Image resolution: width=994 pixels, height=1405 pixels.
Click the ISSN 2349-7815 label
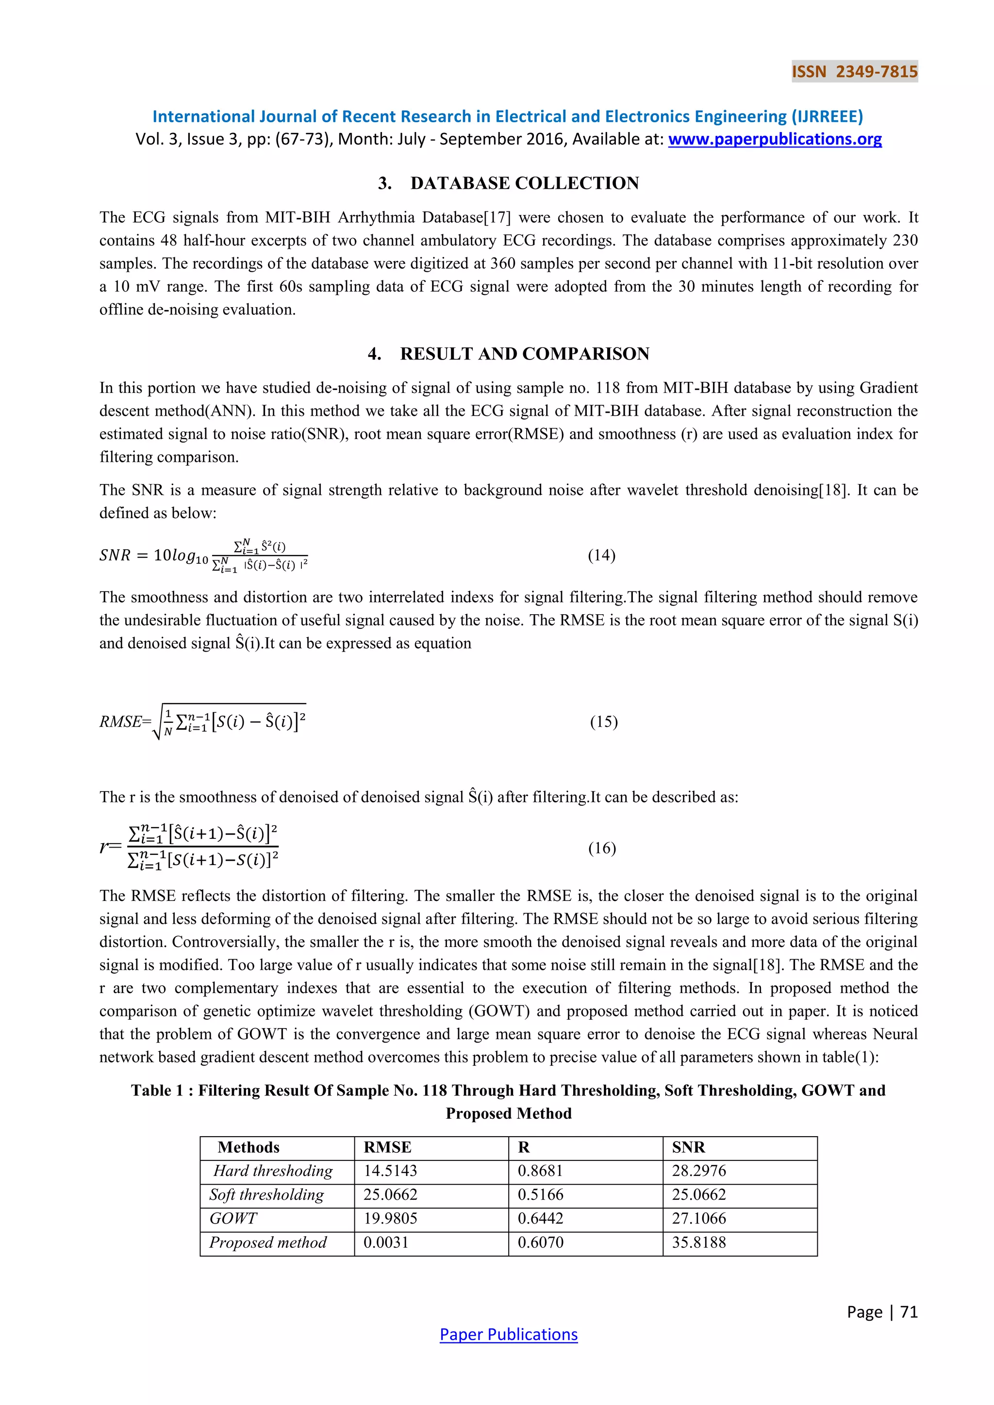click(854, 72)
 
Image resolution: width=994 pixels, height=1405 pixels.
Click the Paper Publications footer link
click(508, 1334)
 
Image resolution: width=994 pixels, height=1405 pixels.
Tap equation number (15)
click(603, 721)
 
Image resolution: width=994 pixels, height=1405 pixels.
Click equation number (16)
click(602, 848)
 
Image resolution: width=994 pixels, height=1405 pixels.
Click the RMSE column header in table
click(387, 1147)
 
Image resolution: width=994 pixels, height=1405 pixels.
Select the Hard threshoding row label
click(273, 1171)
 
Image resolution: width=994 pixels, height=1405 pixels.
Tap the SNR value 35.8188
click(698, 1242)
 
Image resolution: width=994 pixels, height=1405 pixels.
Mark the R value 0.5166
click(541, 1194)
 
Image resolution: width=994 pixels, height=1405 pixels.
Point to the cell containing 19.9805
click(391, 1218)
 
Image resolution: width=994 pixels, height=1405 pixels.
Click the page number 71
click(909, 1311)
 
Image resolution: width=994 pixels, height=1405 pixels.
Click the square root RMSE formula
click(232, 722)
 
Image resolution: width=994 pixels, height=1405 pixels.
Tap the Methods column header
click(248, 1147)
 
